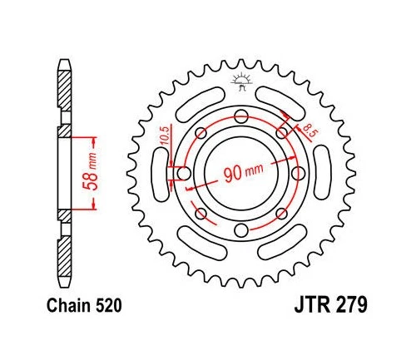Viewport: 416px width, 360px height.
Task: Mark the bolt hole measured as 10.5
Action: [x=181, y=173]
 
